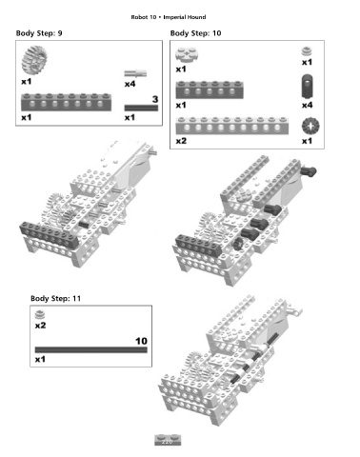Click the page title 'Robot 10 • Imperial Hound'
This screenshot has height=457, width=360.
pos(169,17)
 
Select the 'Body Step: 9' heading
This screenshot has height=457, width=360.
pos(39,33)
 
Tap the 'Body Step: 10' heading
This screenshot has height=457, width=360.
pos(195,33)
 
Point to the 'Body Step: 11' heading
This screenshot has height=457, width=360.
pos(55,298)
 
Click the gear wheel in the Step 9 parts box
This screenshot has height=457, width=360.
pos(34,60)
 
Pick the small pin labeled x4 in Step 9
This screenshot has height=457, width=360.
pos(135,73)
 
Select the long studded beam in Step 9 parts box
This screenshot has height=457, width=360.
pos(66,102)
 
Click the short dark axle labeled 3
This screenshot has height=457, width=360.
pos(141,108)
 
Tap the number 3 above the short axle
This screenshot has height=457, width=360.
pos(155,99)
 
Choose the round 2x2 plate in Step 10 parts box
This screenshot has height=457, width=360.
pos(186,54)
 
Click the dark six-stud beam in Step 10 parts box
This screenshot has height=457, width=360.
pos(210,89)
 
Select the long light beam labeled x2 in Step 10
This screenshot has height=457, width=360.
pos(232,126)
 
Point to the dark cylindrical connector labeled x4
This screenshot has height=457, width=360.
pos(308,86)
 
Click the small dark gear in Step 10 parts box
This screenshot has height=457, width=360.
pos(310,126)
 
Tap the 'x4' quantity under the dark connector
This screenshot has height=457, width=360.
pos(307,105)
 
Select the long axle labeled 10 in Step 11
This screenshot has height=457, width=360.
pos(91,349)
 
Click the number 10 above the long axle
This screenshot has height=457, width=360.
pos(141,341)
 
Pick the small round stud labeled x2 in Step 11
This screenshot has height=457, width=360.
pos(40,314)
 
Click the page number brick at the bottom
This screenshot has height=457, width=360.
pos(168,440)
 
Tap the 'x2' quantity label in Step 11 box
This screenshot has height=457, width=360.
pos(40,326)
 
